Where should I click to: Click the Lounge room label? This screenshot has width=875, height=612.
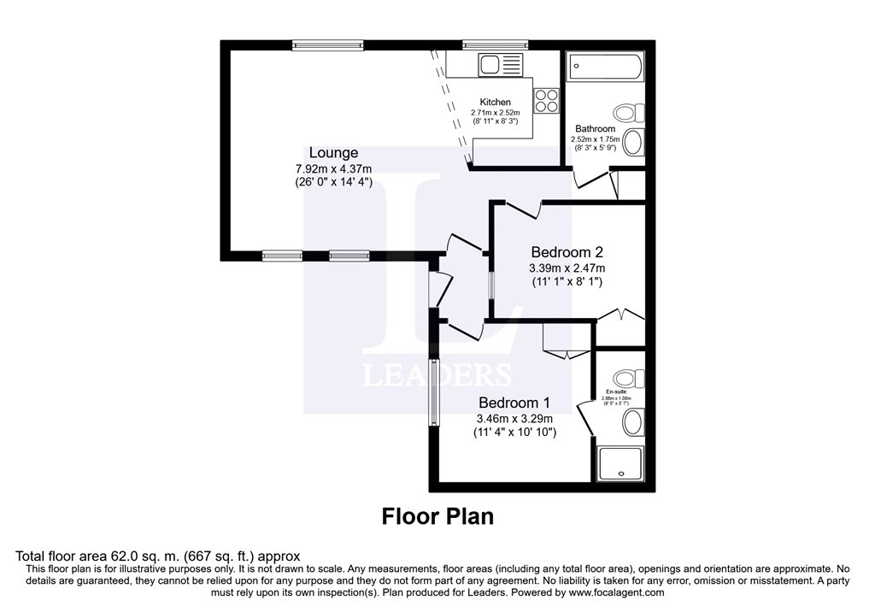point(334,153)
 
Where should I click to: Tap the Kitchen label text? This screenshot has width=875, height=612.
point(495,102)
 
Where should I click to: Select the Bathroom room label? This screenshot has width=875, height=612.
point(595,129)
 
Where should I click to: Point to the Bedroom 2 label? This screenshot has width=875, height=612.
point(567,252)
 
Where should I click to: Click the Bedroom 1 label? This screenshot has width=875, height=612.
point(514,403)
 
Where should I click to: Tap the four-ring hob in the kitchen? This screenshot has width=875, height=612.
point(547,101)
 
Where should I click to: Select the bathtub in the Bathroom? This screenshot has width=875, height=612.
point(603,66)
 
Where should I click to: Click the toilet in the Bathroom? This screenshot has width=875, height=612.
point(630,113)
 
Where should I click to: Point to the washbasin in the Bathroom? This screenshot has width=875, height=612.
point(633,143)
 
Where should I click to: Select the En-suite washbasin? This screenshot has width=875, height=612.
point(633,421)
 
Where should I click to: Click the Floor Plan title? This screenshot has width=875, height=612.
point(437,516)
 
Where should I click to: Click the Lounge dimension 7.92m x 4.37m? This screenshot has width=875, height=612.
point(333,168)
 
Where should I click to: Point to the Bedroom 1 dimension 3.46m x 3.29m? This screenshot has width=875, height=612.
point(514,419)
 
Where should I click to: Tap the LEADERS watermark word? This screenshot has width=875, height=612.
point(437,374)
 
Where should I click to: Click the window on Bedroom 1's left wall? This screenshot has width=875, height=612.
point(434,392)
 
